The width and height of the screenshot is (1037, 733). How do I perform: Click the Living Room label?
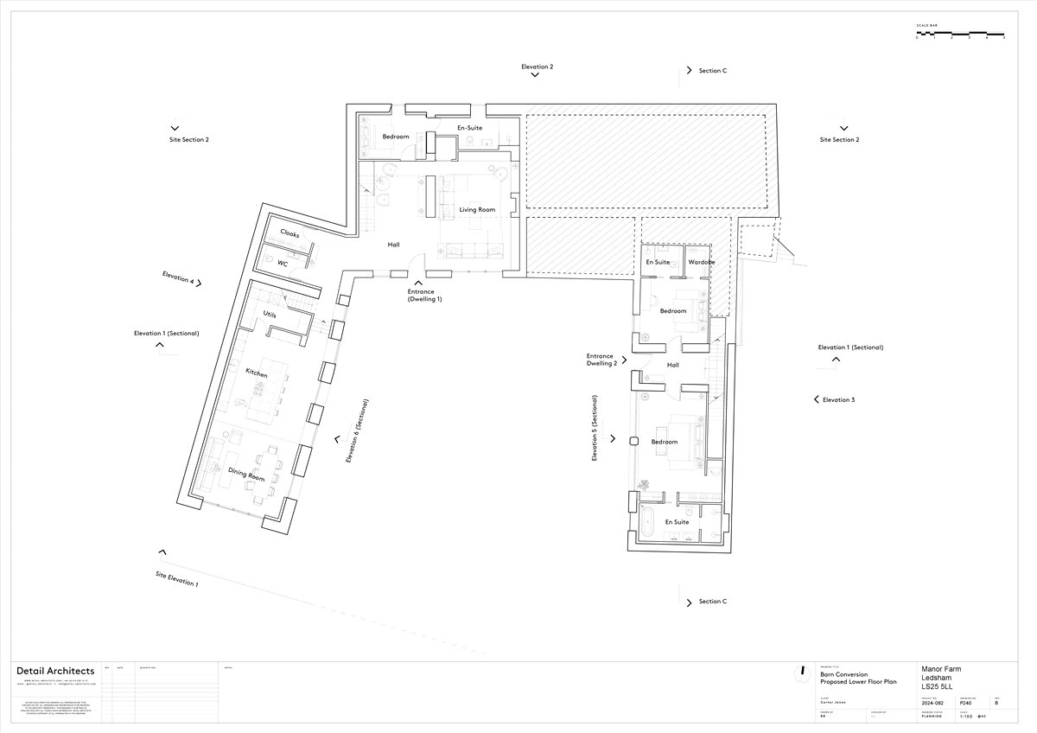click(477, 210)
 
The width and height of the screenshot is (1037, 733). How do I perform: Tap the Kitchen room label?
click(256, 373)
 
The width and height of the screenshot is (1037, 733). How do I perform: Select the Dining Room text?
click(245, 471)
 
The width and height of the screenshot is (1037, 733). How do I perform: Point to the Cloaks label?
click(289, 233)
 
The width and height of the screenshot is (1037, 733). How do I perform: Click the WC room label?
click(282, 263)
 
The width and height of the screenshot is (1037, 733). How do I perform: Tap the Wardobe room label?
click(701, 262)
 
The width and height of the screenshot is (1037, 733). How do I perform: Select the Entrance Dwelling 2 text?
click(600, 360)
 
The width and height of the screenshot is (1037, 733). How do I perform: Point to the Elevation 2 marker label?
click(537, 67)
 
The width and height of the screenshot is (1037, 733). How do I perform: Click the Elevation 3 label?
click(838, 400)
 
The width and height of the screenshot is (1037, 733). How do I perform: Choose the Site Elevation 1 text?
click(176, 579)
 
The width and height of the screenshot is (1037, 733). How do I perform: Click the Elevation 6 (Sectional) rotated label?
click(357, 431)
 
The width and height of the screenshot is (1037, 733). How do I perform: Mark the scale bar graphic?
click(960, 34)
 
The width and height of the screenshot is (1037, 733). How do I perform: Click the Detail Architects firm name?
click(55, 672)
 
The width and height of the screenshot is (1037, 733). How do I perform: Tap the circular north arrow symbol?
click(803, 671)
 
